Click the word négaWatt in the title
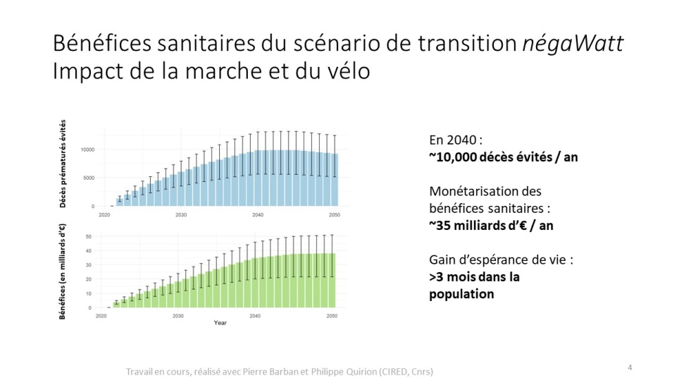pos(573,45)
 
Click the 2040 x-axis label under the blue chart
pos(257,214)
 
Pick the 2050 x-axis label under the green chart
pos(335,316)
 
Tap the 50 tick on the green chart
pos(88,236)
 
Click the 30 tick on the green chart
pos(88,265)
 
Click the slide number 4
pos(630,367)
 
